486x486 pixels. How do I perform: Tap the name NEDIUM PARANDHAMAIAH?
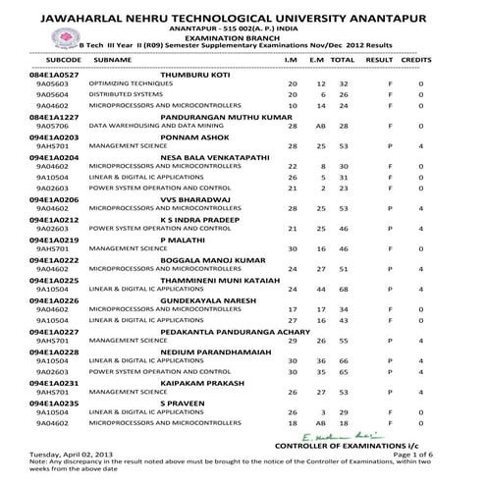[213, 351]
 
